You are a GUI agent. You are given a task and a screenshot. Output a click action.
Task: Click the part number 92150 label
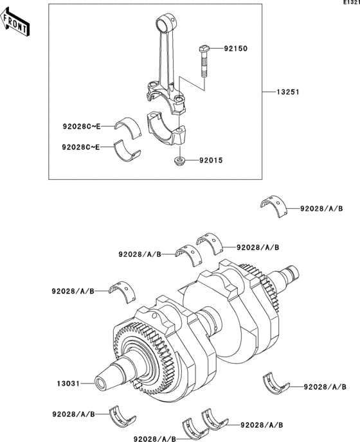pos(235,48)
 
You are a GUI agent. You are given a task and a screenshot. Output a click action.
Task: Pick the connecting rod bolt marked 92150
pos(203,62)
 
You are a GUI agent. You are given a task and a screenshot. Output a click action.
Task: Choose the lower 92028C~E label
pos(82,147)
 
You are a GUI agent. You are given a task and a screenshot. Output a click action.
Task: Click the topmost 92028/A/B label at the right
pos(321,208)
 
